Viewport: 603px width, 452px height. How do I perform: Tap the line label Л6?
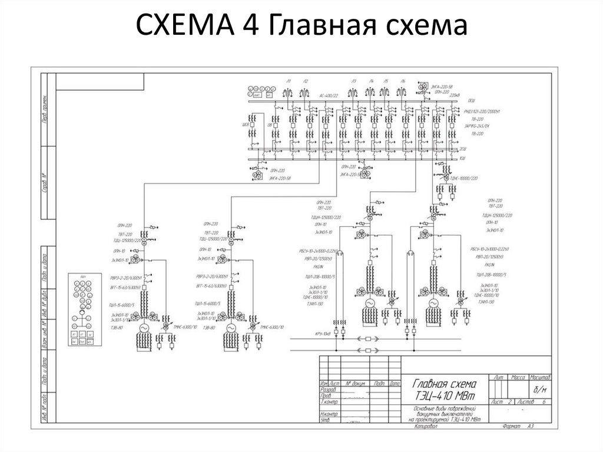click(402, 81)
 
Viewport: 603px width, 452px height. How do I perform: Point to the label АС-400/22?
click(329, 95)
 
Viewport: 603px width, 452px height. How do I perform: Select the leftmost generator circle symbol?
click(144, 328)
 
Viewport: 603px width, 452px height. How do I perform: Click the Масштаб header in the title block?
click(539, 377)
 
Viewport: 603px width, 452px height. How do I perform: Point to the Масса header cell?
click(518, 377)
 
